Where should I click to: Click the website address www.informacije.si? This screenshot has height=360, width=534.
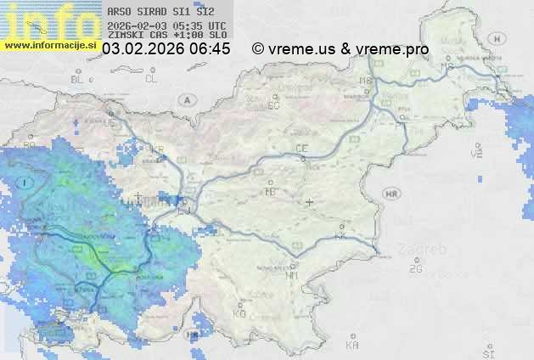tap(50, 45)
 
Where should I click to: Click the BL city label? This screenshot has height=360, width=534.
tap(78, 79)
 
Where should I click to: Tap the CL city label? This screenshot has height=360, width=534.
tap(151, 79)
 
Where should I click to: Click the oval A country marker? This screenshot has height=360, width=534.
tap(186, 100)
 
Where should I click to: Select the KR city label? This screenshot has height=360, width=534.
tap(156, 149)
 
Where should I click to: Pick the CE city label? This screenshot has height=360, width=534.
tap(301, 149)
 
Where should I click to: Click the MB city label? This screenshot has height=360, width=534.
tap(367, 81)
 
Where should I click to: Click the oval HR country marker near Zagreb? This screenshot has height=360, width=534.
tap(391, 194)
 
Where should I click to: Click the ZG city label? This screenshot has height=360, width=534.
tap(415, 269)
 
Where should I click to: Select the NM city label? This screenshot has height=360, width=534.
tap(293, 275)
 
